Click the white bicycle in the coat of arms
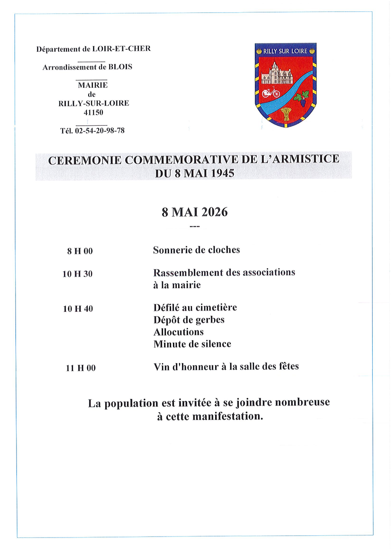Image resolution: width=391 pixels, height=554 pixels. [x=271, y=92]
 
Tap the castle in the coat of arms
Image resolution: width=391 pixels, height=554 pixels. [x=277, y=74]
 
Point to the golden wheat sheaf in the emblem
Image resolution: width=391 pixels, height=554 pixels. [x=285, y=114]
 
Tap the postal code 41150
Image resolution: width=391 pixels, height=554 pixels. [x=93, y=113]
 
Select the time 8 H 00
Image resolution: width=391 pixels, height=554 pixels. [x=80, y=251]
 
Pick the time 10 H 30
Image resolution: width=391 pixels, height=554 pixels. [x=78, y=274]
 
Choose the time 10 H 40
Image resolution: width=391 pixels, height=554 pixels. [x=78, y=309]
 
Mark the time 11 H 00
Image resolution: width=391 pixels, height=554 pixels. [x=80, y=368]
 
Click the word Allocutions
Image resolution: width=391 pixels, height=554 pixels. [x=178, y=332]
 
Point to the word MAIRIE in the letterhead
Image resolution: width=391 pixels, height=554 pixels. [x=93, y=85]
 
